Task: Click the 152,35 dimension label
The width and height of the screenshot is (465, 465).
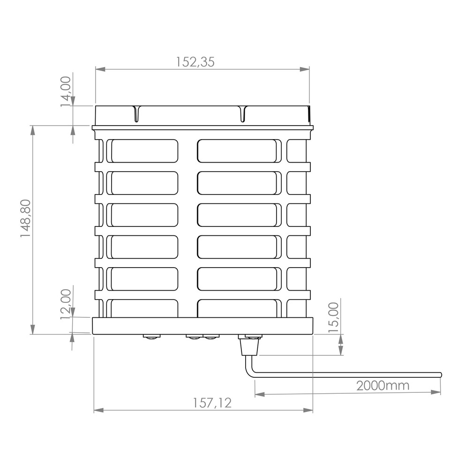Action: [x=195, y=62]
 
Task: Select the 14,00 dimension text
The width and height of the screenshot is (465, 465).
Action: [x=66, y=91]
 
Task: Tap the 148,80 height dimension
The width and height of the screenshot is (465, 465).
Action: [x=26, y=218]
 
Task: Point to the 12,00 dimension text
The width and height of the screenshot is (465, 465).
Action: [x=66, y=304]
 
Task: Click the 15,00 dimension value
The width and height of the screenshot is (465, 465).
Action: [x=333, y=317]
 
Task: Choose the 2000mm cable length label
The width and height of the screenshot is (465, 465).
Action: [x=382, y=385]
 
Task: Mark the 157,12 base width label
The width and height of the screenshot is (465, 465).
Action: [x=212, y=403]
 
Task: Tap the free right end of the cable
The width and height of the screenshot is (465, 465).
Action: [x=441, y=375]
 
